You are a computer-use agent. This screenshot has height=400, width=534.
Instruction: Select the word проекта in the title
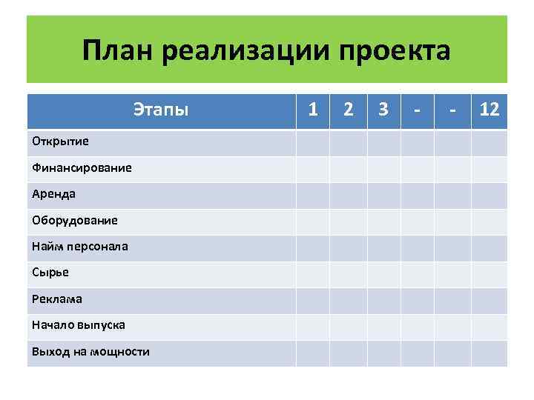pyautogui.click(x=395, y=51)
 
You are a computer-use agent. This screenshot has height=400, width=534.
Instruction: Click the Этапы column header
pyautogui.click(x=161, y=110)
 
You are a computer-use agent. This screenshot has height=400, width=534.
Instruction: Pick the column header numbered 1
pyautogui.click(x=314, y=110)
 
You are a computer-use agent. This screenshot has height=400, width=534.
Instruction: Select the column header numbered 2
pyautogui.click(x=348, y=110)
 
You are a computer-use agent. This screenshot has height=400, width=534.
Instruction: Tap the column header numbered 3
pyautogui.click(x=383, y=110)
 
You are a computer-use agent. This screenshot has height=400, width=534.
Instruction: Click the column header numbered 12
pyautogui.click(x=489, y=110)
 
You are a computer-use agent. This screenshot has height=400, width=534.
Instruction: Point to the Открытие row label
pyautogui.click(x=60, y=141)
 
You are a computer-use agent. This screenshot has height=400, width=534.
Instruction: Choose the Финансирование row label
pyautogui.click(x=82, y=167)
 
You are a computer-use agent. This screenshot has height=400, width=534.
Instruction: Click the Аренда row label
pyautogui.click(x=53, y=194)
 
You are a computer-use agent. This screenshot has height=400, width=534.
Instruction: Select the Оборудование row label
pyautogui.click(x=74, y=220)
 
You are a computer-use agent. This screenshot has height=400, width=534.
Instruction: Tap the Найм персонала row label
pyautogui.click(x=79, y=246)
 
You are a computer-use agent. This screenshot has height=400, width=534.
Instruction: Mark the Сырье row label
pyautogui.click(x=50, y=272)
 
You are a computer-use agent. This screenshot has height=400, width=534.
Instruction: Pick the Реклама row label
pyautogui.click(x=57, y=299)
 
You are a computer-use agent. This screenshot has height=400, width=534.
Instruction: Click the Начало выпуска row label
pyautogui.click(x=78, y=324)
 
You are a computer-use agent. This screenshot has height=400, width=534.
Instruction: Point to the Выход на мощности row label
pyautogui.click(x=90, y=351)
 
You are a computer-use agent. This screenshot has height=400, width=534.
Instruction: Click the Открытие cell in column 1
pyautogui.click(x=313, y=142)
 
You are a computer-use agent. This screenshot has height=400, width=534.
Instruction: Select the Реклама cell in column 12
pyautogui.click(x=489, y=300)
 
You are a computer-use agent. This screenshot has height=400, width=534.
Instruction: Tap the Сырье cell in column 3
pyautogui.click(x=383, y=274)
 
